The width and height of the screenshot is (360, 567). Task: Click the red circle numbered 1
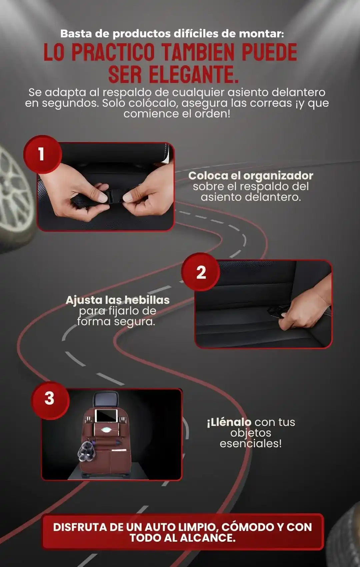pos(43,154)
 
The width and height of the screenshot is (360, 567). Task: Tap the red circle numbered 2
pos(201,272)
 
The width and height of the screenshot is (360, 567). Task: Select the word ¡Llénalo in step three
pos(229,423)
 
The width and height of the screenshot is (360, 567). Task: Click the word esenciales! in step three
pos(251,444)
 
